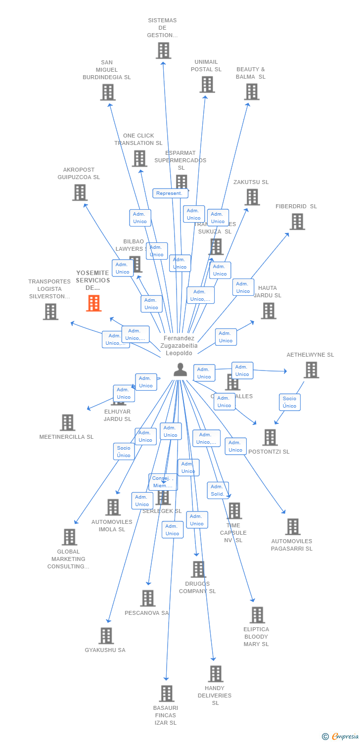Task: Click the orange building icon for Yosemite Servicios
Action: point(93,303)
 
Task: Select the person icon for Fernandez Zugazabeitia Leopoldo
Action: point(180,369)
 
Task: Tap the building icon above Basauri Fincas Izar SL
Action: point(167,693)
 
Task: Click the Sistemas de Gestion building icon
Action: point(163,50)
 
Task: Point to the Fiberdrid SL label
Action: point(296,206)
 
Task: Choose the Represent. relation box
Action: point(169,193)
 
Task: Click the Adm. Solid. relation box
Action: point(218,490)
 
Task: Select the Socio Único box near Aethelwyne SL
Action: point(289,402)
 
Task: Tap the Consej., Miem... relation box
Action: point(163,482)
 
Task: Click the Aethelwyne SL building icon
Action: point(311,370)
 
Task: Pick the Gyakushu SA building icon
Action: point(106,636)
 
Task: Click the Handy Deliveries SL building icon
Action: point(215,673)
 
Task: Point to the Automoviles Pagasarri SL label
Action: point(292,545)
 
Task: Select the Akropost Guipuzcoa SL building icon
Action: point(80,192)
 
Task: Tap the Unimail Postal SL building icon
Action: point(207,84)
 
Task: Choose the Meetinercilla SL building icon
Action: point(67,422)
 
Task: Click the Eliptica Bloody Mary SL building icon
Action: point(257,615)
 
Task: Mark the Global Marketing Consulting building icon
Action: point(69,537)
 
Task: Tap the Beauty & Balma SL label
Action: point(251,73)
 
